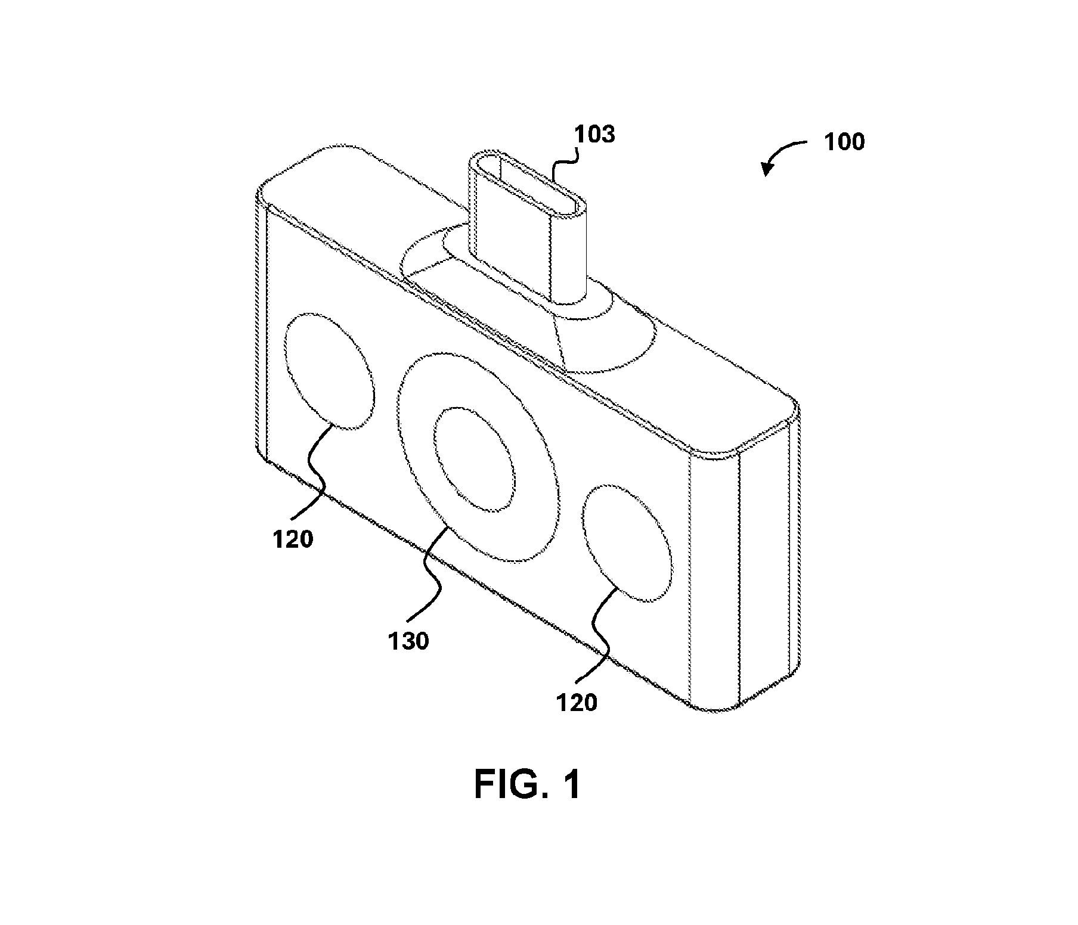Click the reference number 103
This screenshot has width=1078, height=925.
pyautogui.click(x=594, y=135)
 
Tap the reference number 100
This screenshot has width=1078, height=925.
pyautogui.click(x=844, y=142)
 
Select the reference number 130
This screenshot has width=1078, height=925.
pyautogui.click(x=408, y=641)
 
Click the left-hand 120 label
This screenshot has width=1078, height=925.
pyautogui.click(x=293, y=539)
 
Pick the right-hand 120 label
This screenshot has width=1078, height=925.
pyautogui.click(x=577, y=703)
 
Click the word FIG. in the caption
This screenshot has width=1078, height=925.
pyautogui.click(x=503, y=785)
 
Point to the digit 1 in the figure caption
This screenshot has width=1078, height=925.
pyautogui.click(x=571, y=785)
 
